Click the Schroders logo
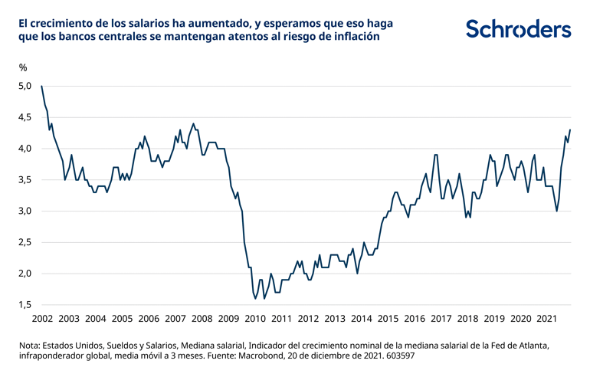coord(518,29)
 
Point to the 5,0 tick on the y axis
coord(25,86)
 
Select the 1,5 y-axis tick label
coord(25,305)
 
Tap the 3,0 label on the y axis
coord(25,211)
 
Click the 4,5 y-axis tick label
coord(25,117)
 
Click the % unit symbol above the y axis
coord(23,67)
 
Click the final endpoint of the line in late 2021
coord(570,130)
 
